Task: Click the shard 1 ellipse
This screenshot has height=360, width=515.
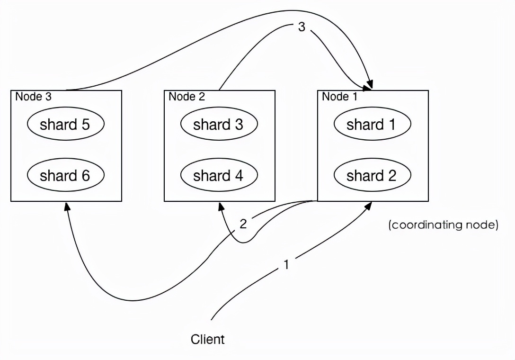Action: (x=372, y=125)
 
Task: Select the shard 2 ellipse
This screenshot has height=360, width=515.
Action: (x=372, y=176)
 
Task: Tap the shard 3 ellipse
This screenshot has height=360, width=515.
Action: (x=219, y=125)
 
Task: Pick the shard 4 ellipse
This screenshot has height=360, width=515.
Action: (x=219, y=176)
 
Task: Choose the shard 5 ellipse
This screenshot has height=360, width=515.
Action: (x=65, y=125)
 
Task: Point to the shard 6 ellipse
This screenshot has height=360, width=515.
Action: (x=65, y=176)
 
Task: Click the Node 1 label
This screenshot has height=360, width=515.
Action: (x=340, y=97)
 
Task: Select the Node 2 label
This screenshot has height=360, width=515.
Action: (x=186, y=97)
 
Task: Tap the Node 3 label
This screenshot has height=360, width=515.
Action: (x=33, y=97)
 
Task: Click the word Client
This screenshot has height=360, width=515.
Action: (x=208, y=339)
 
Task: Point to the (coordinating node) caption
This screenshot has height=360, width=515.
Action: (x=443, y=225)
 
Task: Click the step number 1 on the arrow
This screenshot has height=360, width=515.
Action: (x=286, y=264)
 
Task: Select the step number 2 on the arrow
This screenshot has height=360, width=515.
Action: (x=243, y=224)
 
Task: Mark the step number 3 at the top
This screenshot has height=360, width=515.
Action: (x=302, y=27)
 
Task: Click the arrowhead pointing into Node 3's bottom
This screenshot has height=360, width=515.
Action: (x=67, y=207)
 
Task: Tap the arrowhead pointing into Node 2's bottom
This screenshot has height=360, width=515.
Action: (x=220, y=207)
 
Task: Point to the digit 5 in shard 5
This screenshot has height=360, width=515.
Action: (x=85, y=125)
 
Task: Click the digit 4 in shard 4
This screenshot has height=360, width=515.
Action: (x=239, y=176)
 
